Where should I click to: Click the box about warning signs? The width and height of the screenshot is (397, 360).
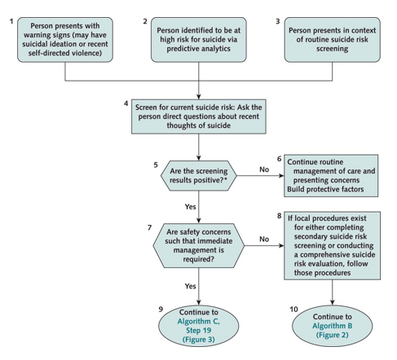pyautogui.click(x=65, y=40)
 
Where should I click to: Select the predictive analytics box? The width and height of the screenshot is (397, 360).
pyautogui.click(x=199, y=40)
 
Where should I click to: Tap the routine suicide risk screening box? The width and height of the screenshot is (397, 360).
pyautogui.click(x=332, y=40)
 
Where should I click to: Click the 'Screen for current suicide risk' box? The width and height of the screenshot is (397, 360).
pyautogui.click(x=199, y=116)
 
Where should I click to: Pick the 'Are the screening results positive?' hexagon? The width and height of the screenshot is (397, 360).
pyautogui.click(x=199, y=176)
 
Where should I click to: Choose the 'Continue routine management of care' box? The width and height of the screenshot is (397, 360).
pyautogui.click(x=331, y=176)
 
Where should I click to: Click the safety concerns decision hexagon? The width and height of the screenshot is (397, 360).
pyautogui.click(x=199, y=245)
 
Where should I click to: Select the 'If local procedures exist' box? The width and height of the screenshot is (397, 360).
pyautogui.click(x=332, y=245)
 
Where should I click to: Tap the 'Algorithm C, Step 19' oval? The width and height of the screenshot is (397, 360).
pyautogui.click(x=199, y=326)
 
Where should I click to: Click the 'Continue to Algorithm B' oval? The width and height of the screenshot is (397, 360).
pyautogui.click(x=332, y=326)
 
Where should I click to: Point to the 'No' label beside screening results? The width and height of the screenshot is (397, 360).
pyautogui.click(x=264, y=169)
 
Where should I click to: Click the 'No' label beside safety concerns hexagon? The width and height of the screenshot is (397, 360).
pyautogui.click(x=264, y=239)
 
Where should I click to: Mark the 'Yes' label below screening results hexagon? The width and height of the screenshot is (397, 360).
pyautogui.click(x=190, y=207)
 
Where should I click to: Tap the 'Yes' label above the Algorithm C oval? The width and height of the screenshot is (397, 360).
pyautogui.click(x=190, y=286)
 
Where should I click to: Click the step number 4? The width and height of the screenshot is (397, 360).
pyautogui.click(x=126, y=103)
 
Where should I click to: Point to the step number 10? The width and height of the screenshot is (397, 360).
pyautogui.click(x=293, y=310)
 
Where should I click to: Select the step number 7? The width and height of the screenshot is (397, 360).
pyautogui.click(x=149, y=227)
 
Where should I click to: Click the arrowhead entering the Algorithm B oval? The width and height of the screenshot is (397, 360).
pyautogui.click(x=332, y=302)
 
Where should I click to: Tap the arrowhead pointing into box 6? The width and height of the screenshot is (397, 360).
pyautogui.click(x=281, y=176)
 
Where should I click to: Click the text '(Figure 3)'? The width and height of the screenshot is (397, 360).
pyautogui.click(x=199, y=340)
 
